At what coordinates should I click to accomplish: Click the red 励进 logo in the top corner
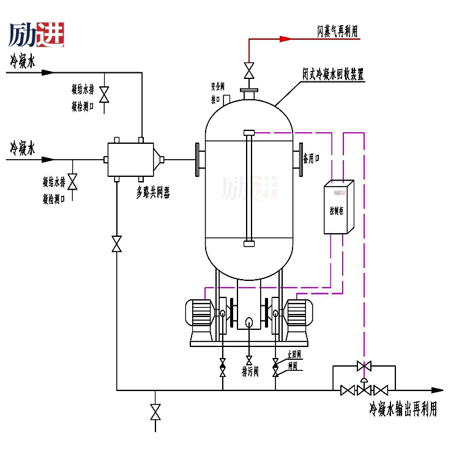point(37,35)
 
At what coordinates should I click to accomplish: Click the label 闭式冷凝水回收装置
point(333,75)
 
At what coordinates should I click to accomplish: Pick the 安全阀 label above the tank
point(218,85)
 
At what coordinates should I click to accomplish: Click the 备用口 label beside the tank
point(312,159)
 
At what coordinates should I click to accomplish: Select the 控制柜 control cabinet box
point(338,207)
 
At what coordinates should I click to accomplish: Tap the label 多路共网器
point(152,193)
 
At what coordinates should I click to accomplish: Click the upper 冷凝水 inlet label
point(23,61)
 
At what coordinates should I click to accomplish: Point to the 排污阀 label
point(250,371)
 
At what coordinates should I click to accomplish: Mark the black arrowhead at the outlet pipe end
point(437,390)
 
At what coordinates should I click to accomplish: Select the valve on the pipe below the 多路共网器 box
point(116,243)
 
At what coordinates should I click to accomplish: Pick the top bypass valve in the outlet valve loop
point(364,366)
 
